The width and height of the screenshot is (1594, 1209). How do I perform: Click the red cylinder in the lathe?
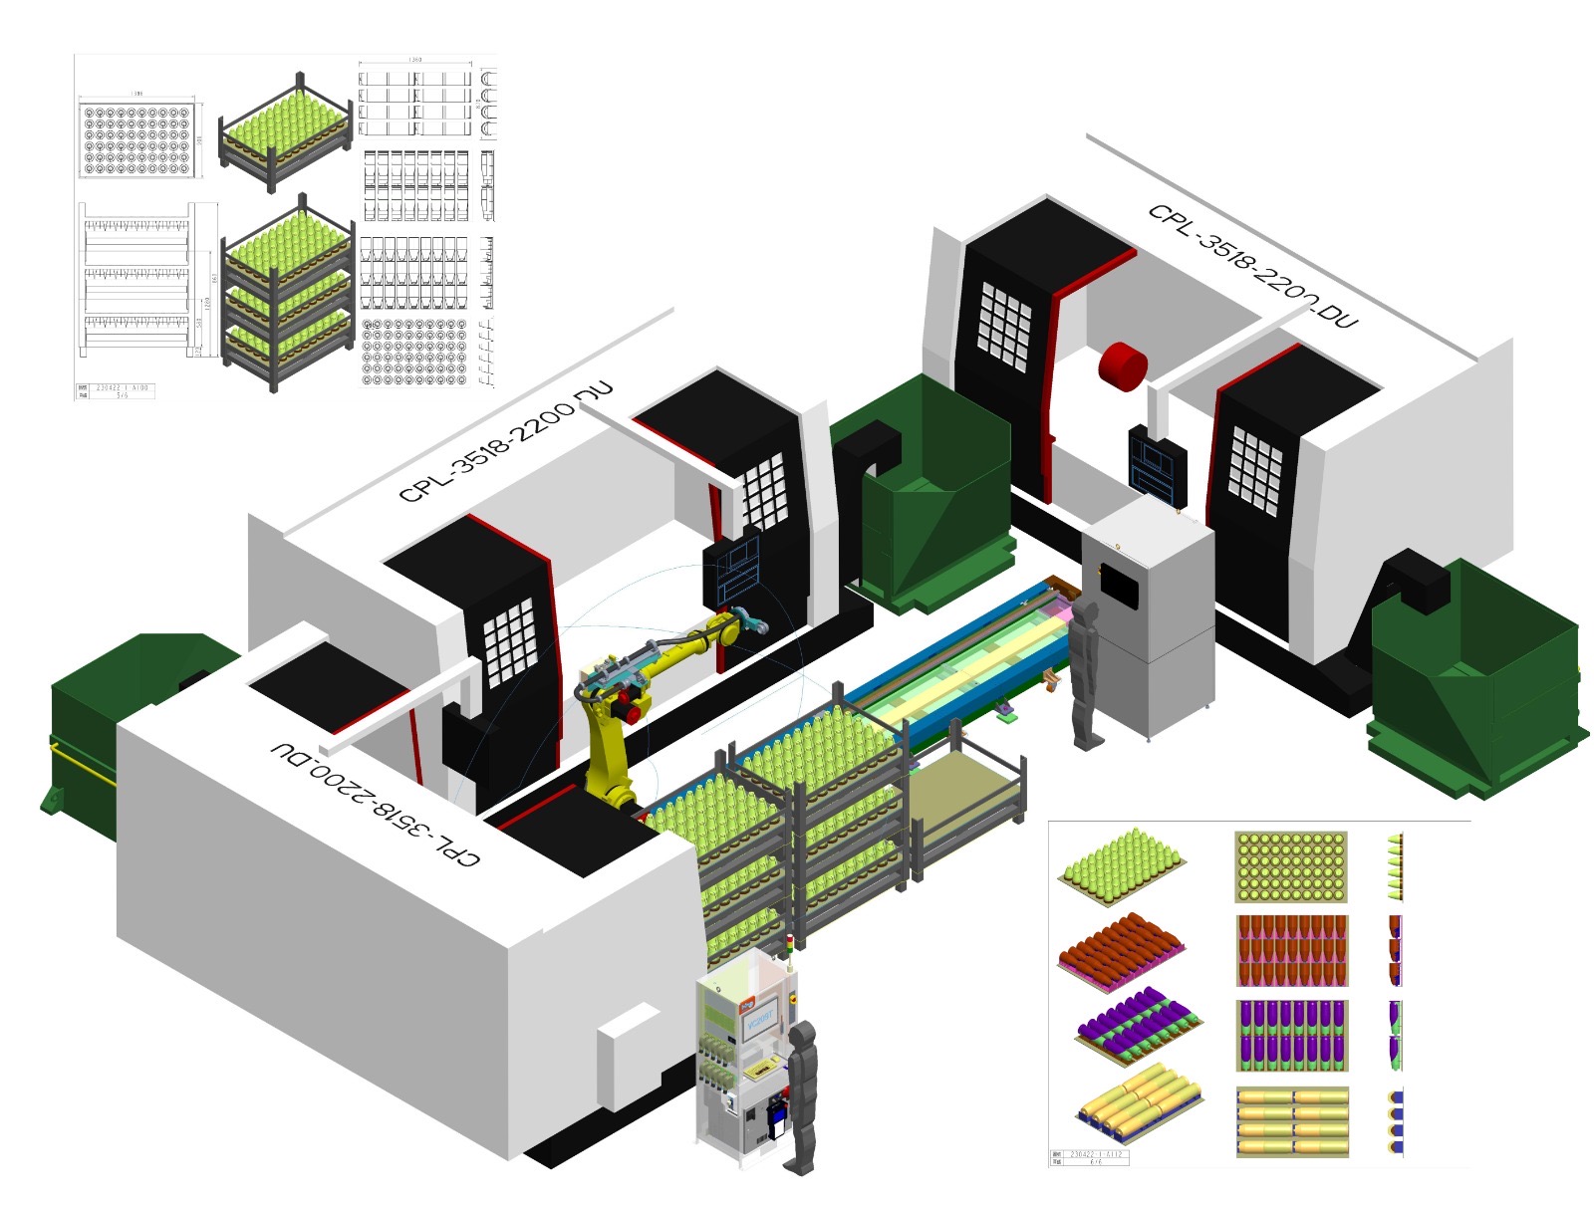(x=1122, y=365)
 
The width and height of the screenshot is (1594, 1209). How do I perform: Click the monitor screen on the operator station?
(x=760, y=1021)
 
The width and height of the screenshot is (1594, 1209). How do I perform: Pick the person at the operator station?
(x=801, y=1095)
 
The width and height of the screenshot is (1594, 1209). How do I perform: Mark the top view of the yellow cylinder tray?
(x=1292, y=1120)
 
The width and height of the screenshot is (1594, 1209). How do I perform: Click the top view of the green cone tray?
(x=1291, y=866)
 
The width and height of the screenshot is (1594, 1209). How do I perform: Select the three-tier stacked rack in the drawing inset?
(x=287, y=294)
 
